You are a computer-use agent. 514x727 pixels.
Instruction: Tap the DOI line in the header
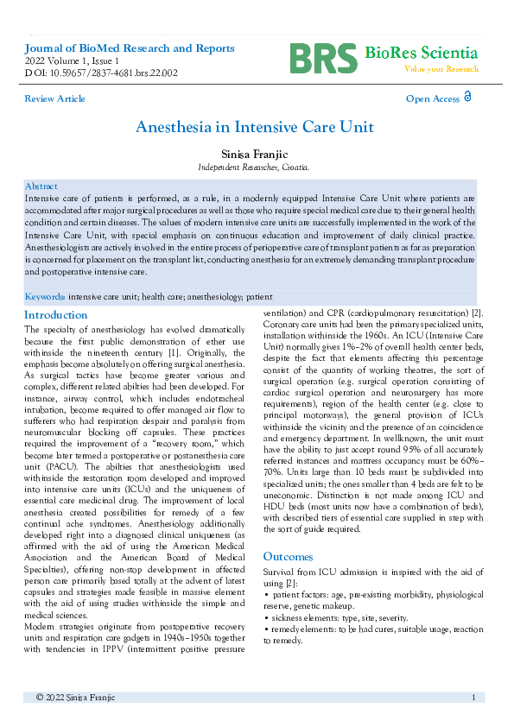pyautogui.click(x=101, y=73)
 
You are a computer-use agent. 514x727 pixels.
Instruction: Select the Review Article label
pyautogui.click(x=55, y=99)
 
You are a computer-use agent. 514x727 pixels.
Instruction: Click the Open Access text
pyautogui.click(x=432, y=99)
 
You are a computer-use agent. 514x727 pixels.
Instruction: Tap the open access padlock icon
pyautogui.click(x=467, y=98)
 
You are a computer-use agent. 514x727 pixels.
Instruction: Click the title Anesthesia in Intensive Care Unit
pyautogui.click(x=255, y=127)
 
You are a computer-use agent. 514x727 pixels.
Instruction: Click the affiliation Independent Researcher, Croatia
pyautogui.click(x=254, y=167)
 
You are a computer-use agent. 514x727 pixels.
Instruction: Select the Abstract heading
pyautogui.click(x=41, y=186)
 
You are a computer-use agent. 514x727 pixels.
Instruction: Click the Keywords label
pyautogui.click(x=45, y=295)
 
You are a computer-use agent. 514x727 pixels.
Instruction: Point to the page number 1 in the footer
pyautogui.click(x=473, y=697)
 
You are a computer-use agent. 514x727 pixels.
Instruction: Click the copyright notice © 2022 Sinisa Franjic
pyautogui.click(x=76, y=697)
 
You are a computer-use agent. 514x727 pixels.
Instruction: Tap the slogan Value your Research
pyautogui.click(x=442, y=69)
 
